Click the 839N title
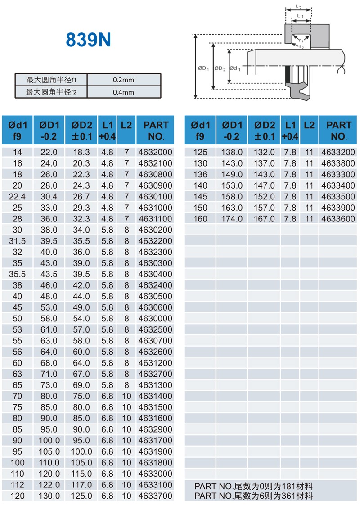click(88, 40)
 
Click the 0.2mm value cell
click(124, 80)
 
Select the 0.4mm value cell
click(124, 92)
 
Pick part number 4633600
click(338, 219)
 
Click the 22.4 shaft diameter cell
click(17, 197)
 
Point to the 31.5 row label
click(17, 241)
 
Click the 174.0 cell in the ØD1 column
click(232, 219)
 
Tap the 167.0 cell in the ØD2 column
click(264, 219)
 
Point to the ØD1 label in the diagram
click(203, 68)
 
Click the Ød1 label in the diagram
click(235, 68)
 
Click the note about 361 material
click(253, 496)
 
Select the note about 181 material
click(253, 486)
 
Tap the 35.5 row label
click(17, 274)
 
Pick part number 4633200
click(338, 152)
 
